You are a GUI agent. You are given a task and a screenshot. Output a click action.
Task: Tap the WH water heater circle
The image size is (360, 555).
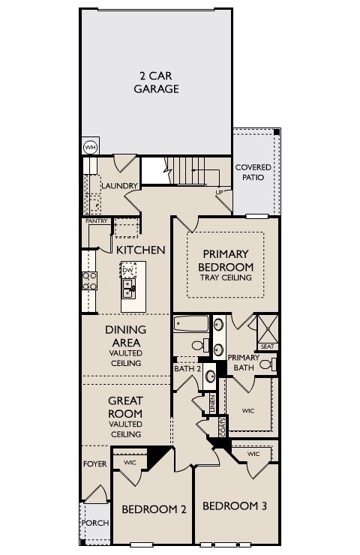tap(90, 147)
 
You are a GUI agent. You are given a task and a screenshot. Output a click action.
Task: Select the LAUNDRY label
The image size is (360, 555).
tap(120, 185)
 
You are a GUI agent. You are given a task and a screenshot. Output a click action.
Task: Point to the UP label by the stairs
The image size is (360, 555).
tap(220, 192)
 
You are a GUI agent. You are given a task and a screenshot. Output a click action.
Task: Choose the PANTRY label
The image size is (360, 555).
tap(97, 221)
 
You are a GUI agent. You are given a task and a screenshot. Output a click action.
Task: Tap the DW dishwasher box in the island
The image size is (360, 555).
tap(128, 270)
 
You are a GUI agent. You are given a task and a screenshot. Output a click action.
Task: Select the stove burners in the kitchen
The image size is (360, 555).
tap(89, 280)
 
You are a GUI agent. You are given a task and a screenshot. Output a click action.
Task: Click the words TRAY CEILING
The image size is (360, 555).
tap(226, 278)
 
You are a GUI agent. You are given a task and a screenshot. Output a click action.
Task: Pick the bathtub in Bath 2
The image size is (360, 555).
tap(191, 325)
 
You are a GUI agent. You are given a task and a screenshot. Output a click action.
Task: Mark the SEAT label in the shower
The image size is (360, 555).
tap(267, 346)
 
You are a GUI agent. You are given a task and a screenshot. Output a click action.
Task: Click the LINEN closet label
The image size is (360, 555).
tap(212, 403)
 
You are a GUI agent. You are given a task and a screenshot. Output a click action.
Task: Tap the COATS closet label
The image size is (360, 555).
tap(223, 427)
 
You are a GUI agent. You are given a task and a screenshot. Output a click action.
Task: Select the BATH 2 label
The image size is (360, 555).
tap(187, 368)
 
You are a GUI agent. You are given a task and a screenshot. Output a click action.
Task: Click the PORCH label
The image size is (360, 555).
tap(95, 523)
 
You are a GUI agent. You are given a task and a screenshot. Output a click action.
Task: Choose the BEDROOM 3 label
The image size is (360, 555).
tap(235, 506)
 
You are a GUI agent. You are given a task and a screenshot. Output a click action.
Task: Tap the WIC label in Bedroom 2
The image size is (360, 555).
tap(129, 462)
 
